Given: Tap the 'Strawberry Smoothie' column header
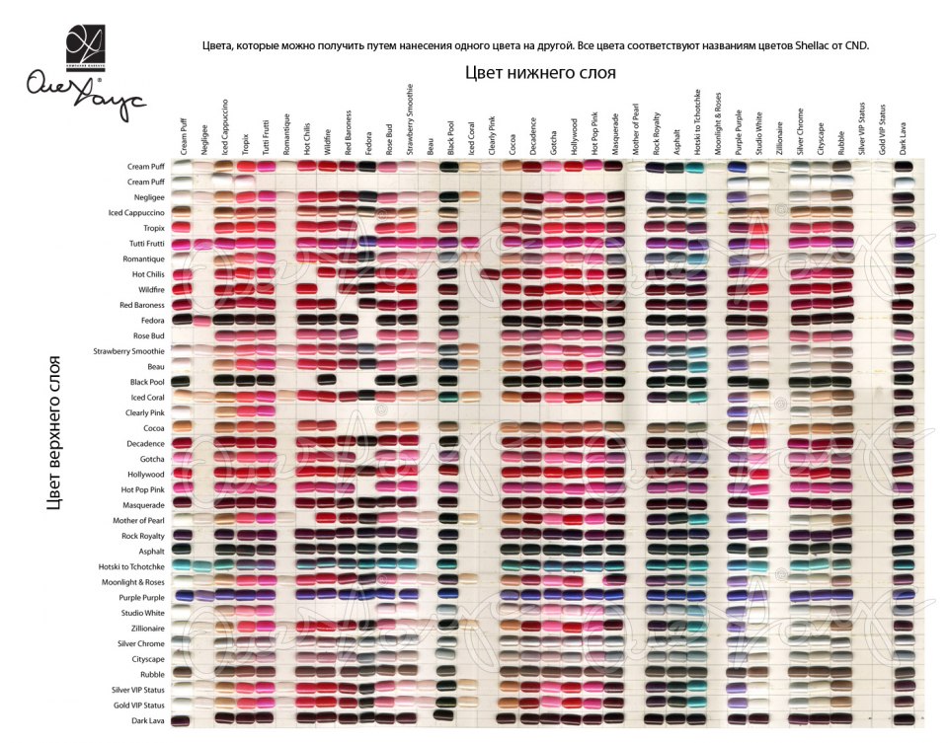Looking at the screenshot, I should coord(410,122).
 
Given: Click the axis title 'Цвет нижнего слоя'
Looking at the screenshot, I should coord(540,73).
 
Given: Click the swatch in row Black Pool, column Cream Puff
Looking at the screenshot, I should coord(182,382).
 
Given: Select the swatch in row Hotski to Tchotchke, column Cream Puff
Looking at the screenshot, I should coord(182,566).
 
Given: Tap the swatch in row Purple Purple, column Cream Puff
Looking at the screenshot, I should coord(182,597).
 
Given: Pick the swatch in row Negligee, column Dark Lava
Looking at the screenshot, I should coord(903,197).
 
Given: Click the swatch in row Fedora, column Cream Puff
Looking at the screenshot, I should coord(182,320).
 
